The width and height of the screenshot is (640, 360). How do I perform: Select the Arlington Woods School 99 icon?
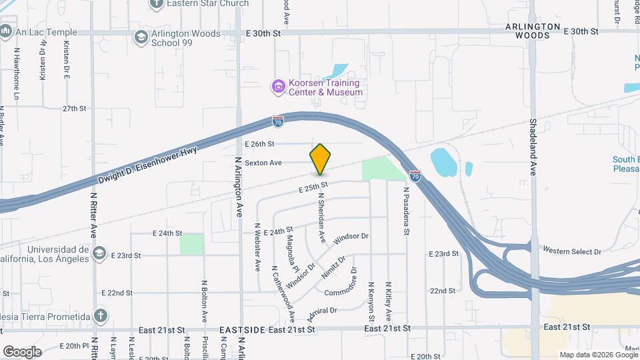point(141,37)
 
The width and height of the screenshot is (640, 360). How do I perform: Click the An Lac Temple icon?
point(6,31)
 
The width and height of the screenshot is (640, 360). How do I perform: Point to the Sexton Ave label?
point(263,163)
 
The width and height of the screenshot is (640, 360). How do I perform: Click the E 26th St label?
point(259,144)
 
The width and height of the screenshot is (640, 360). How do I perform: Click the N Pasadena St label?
point(405,211)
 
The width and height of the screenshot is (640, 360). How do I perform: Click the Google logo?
point(22,351)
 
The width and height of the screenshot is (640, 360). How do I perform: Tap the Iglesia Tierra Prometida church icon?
point(100,315)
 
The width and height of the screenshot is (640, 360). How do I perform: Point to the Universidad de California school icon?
point(99,253)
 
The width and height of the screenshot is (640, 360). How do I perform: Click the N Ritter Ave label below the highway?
point(94,215)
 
